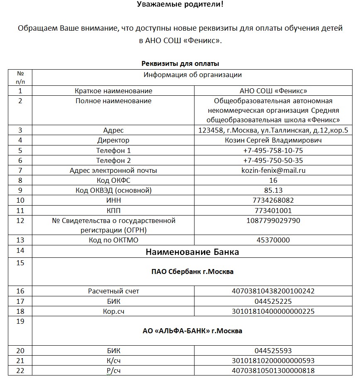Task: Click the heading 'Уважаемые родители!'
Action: tap(181, 5)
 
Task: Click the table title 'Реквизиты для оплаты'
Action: tap(180, 63)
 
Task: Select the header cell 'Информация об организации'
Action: tap(192, 75)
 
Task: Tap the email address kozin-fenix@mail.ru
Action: tap(273, 170)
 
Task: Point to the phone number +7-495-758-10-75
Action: tap(273, 150)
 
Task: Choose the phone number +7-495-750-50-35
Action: tap(273, 160)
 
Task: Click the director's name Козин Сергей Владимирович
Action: tap(273, 141)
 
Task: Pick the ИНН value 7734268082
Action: tap(273, 200)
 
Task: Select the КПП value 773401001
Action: tap(273, 210)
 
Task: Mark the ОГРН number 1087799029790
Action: tap(273, 220)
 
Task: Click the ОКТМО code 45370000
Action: tap(273, 240)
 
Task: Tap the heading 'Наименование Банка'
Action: tap(192, 252)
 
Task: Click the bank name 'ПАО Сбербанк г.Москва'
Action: tap(192, 272)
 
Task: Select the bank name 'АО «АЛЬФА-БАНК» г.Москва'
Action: tap(192, 331)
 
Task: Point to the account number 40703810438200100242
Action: tap(273, 291)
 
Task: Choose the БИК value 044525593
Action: tap(273, 351)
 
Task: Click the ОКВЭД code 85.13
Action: tap(273, 190)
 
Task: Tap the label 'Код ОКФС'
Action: tap(113, 180)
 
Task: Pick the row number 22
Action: tap(19, 371)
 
